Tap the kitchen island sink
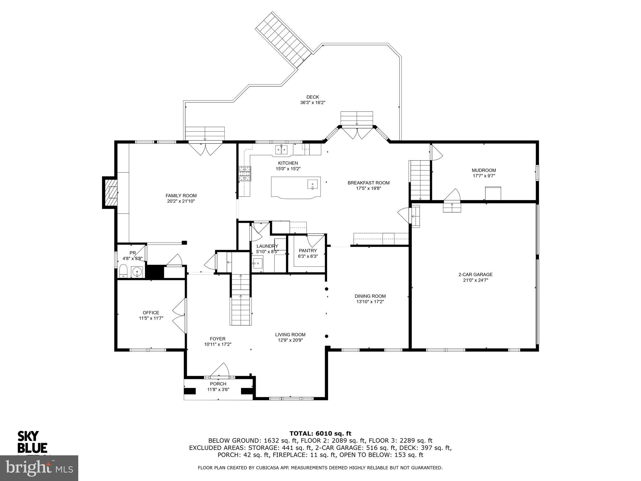312,184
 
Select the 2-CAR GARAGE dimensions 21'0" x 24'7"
475,280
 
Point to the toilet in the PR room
123,271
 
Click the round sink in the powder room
137,272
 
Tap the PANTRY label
308,251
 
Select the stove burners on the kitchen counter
245,174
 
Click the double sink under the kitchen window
281,150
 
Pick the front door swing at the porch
220,370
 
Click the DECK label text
313,97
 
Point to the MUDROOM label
484,170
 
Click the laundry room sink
258,263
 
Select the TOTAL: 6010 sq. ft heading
320,433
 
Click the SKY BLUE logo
32,442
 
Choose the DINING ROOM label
370,296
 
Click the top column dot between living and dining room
326,289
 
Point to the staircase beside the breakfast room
420,180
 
